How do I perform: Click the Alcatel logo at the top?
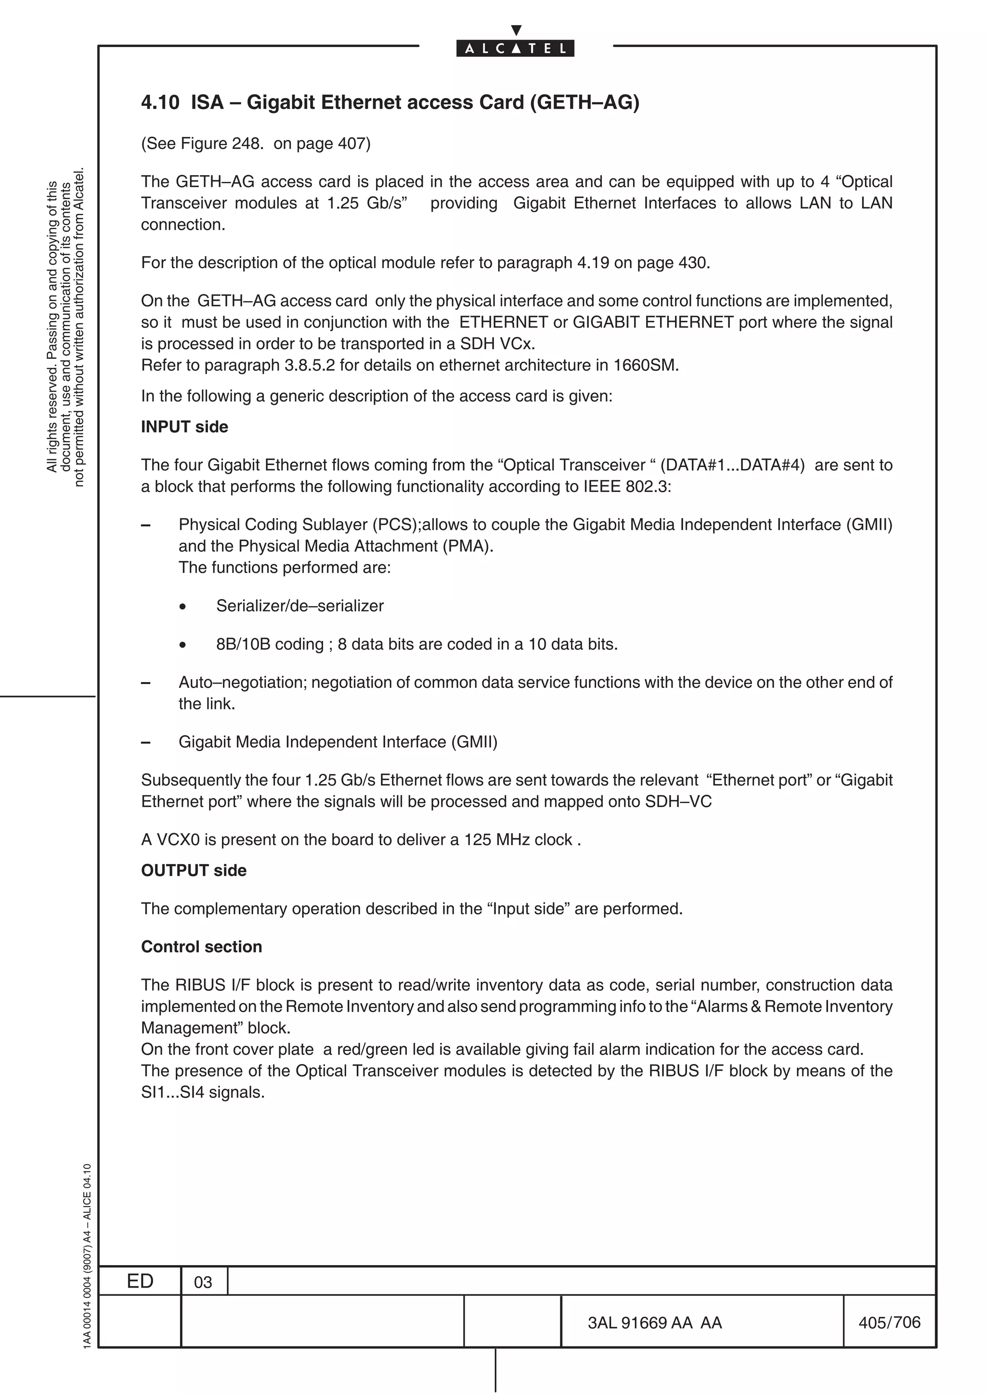(515, 47)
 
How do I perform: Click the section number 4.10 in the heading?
(160, 102)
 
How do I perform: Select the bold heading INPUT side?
(184, 427)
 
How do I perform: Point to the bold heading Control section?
(201, 947)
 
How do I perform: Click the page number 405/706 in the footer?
(889, 1322)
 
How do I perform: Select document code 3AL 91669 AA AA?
(654, 1322)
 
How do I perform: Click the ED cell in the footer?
(140, 1280)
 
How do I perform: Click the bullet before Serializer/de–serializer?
(182, 607)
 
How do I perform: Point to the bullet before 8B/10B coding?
(182, 645)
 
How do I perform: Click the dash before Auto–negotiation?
(146, 683)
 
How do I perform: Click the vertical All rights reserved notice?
(65, 328)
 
